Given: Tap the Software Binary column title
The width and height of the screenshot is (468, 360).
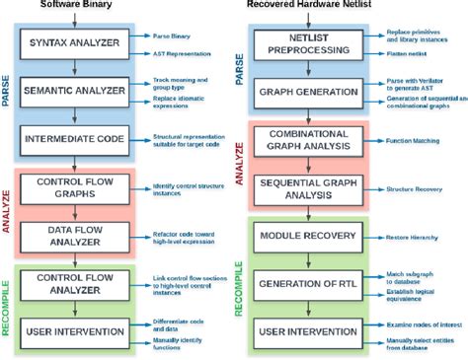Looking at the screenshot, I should tap(75, 5).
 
